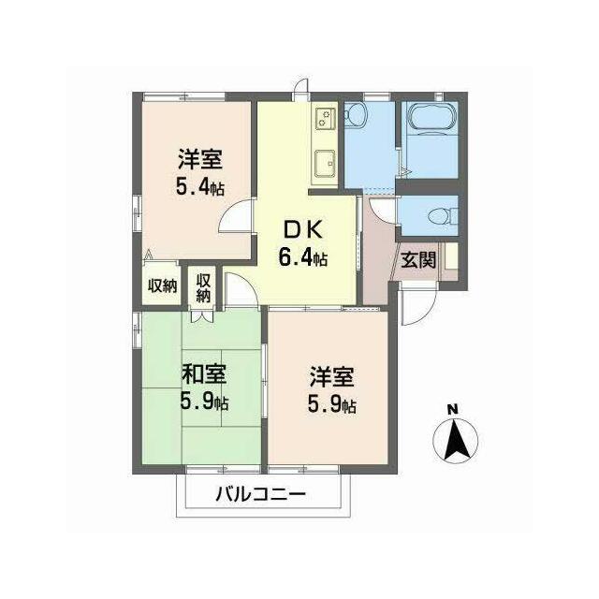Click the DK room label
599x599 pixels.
(x=302, y=230)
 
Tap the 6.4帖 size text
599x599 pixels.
(x=302, y=256)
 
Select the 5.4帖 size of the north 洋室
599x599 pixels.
(x=199, y=187)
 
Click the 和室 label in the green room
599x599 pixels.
(x=204, y=374)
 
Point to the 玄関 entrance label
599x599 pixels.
(x=418, y=260)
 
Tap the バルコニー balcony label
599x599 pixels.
(x=261, y=495)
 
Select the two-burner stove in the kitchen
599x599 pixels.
(x=326, y=118)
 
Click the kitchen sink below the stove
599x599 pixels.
(x=325, y=163)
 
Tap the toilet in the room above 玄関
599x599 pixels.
(x=443, y=216)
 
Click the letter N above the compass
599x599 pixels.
(x=453, y=410)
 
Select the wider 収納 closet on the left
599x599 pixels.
(x=162, y=285)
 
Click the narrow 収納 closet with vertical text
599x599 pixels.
(x=204, y=287)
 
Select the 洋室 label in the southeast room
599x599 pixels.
(x=331, y=376)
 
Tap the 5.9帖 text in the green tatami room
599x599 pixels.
(x=204, y=402)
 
